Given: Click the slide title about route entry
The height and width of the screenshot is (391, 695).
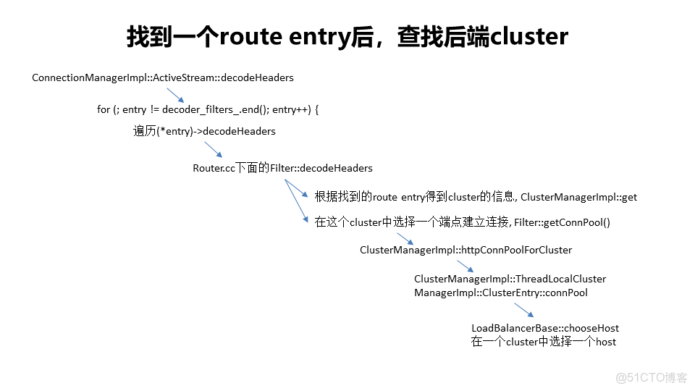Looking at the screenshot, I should coord(347,36).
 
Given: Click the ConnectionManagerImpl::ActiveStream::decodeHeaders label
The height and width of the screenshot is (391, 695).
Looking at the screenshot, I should coord(163,77).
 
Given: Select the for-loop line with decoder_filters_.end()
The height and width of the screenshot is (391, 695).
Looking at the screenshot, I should coord(208,109).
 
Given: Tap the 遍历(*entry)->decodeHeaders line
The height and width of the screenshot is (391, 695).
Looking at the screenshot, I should coord(204,131).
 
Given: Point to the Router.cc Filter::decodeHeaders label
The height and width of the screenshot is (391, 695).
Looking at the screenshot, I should coord(282,168).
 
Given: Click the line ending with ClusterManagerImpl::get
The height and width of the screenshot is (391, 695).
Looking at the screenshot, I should coord(476,197).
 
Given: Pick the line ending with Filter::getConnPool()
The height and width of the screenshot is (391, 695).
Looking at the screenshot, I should coord(463,223).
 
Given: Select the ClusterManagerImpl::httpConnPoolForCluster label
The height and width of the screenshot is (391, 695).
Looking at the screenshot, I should coord(466,250).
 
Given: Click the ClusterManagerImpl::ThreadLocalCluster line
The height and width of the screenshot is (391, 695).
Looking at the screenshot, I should coord(510,279).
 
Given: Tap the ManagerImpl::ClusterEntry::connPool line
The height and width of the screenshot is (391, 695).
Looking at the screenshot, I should coord(501,293).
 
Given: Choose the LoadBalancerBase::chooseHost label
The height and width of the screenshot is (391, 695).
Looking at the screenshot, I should coord(545,328).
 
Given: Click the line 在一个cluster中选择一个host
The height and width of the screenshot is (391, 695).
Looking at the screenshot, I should coord(544,342).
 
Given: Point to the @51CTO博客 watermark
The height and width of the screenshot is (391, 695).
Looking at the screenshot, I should coord(651,377).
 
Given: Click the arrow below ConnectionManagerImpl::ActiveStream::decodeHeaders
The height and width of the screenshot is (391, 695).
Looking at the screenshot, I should coord(176,95).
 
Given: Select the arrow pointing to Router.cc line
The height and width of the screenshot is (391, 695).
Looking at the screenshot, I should coord(212,149).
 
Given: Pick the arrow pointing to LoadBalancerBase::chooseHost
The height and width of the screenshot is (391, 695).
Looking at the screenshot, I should coord(524,311).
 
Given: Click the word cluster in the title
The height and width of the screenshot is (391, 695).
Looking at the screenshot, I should coord(530,36).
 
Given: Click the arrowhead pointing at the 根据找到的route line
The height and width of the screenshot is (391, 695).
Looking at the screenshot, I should coord(307,195).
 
